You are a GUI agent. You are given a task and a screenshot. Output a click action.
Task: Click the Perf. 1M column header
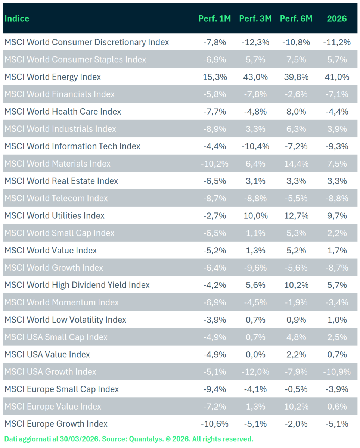click(x=214, y=18)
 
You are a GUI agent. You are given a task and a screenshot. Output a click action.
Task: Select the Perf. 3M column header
click(x=255, y=18)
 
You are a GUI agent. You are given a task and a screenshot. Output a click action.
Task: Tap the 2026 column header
click(x=336, y=18)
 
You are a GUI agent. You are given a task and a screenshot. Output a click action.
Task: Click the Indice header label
click(x=17, y=18)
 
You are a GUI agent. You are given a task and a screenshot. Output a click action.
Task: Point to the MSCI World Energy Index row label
click(x=53, y=77)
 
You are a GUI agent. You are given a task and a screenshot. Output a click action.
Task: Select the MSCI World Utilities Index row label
click(x=55, y=216)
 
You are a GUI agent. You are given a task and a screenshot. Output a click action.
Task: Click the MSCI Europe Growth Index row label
click(x=56, y=424)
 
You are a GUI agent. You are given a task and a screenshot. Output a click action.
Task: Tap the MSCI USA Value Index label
click(x=47, y=355)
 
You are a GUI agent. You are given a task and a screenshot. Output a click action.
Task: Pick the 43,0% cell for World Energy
click(x=255, y=77)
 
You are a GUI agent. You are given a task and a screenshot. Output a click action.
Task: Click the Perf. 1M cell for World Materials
click(x=214, y=164)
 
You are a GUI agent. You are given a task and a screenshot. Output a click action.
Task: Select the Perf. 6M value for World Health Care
click(x=296, y=112)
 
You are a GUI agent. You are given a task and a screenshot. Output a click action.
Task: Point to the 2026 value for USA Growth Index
click(x=336, y=372)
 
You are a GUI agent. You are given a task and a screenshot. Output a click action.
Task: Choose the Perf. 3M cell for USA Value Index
click(x=255, y=355)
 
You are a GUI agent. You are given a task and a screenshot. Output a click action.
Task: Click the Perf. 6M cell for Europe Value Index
click(x=296, y=407)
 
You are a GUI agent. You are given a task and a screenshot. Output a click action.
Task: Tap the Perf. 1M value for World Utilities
click(x=214, y=216)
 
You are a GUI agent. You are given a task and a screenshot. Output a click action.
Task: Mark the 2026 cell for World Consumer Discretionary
click(x=336, y=42)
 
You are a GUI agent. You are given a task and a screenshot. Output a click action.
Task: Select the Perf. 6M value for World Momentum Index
click(x=296, y=302)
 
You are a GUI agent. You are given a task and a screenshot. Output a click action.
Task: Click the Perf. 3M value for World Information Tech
click(x=255, y=146)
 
